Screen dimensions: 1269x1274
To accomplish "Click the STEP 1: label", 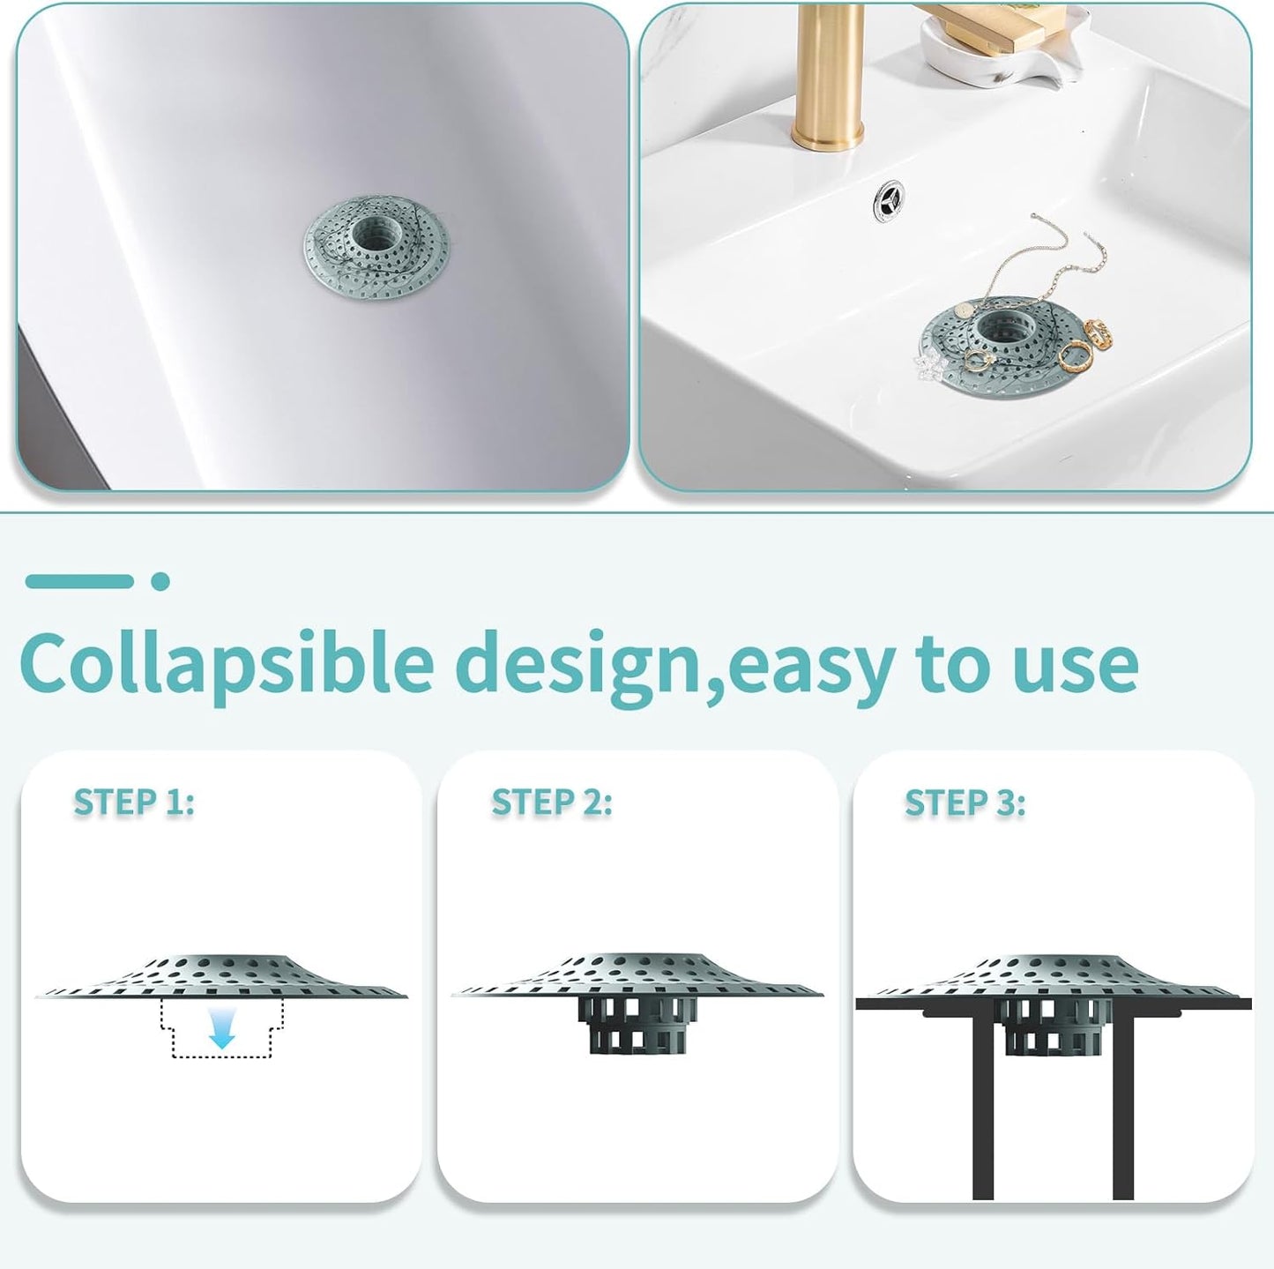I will (134, 802).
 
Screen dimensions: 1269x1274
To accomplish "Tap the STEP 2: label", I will (552, 802).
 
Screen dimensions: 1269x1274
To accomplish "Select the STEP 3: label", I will (965, 803).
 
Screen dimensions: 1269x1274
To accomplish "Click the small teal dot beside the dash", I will (160, 581).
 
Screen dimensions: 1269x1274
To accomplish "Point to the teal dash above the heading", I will (79, 581).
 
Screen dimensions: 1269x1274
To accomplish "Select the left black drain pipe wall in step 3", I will (983, 1102).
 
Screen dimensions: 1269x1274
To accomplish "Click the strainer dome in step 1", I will (221, 970).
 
